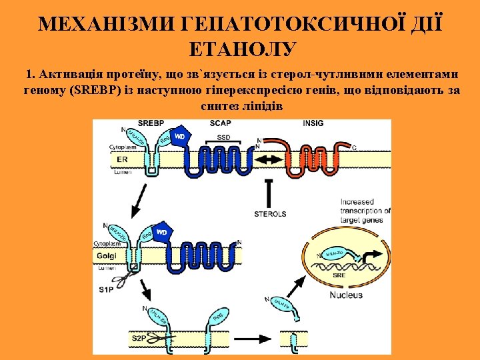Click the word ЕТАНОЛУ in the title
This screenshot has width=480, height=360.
(x=240, y=48)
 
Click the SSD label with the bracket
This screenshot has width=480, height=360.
(x=224, y=137)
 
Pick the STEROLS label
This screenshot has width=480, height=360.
(x=270, y=214)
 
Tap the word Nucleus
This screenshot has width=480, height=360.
(x=346, y=294)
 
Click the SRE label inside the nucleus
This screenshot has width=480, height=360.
(x=339, y=274)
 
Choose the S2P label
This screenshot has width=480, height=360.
(x=138, y=338)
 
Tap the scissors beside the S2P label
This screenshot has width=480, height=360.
(x=157, y=339)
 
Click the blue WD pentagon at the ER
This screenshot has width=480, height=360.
(x=179, y=137)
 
